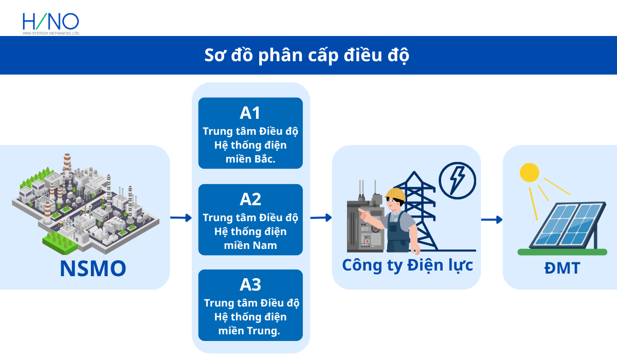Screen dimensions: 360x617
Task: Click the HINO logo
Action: pyautogui.click(x=50, y=23)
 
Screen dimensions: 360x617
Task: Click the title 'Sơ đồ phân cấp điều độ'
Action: pyautogui.click(x=307, y=55)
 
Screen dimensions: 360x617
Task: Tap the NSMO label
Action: pyautogui.click(x=93, y=269)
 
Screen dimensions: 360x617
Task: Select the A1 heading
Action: pyautogui.click(x=250, y=114)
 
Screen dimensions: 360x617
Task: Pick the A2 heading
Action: pyautogui.click(x=250, y=200)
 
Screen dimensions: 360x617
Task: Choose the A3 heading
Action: pyautogui.click(x=250, y=284)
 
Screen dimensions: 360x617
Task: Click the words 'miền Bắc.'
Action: pyautogui.click(x=250, y=159)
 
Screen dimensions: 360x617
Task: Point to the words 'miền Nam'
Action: pyautogui.click(x=250, y=245)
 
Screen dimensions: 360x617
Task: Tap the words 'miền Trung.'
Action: pyautogui.click(x=250, y=331)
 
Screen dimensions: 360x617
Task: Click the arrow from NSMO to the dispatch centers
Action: pyautogui.click(x=180, y=218)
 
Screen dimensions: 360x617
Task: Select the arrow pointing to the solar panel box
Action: pyautogui.click(x=492, y=220)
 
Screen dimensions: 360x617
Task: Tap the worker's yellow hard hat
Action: pyautogui.click(x=395, y=194)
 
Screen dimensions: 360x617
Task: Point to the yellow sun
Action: pyautogui.click(x=529, y=173)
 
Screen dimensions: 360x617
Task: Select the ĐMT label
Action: pyautogui.click(x=562, y=268)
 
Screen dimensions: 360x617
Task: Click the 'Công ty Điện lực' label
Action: pyautogui.click(x=407, y=265)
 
